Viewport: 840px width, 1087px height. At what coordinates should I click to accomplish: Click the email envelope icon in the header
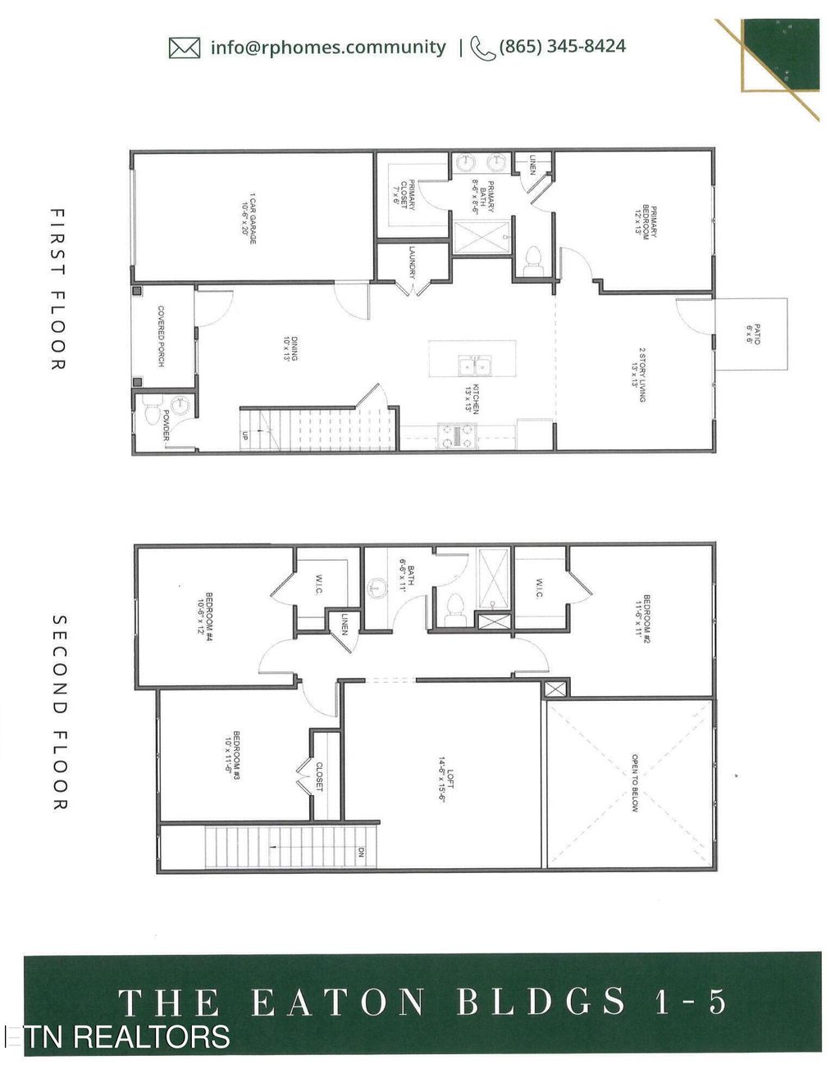point(185,48)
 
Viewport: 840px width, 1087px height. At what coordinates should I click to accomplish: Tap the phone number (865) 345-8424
point(562,47)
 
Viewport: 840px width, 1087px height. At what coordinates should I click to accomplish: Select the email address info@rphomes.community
point(327,48)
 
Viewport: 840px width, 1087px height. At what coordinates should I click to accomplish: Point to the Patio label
point(752,334)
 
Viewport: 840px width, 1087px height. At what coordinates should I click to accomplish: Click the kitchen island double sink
point(474,366)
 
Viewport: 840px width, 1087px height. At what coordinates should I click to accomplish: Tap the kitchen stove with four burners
point(458,435)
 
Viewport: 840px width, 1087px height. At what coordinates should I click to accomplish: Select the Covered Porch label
point(162,336)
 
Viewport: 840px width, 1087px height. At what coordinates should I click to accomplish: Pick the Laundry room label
point(412,263)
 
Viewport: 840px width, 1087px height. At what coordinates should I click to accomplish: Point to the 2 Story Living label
point(637,375)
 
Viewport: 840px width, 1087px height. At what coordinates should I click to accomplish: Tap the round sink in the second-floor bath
point(377,588)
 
